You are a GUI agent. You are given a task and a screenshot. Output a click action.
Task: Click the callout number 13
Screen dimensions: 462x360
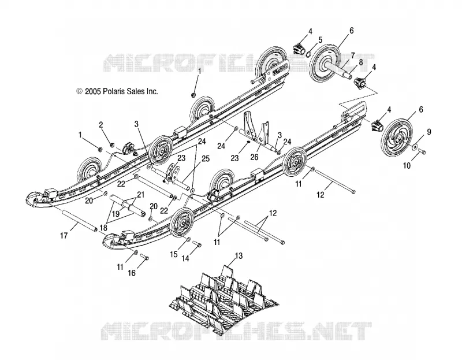pos(239,256)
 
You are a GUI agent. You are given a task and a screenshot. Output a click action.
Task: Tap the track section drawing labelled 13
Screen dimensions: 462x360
pos(224,297)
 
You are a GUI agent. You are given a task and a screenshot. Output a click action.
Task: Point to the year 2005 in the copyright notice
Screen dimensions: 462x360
pos(93,91)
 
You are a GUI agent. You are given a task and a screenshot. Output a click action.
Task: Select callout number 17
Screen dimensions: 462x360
pos(64,235)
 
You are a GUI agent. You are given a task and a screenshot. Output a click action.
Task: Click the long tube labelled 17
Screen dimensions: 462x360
pos(79,220)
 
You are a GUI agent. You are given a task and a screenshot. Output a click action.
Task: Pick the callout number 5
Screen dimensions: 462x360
pos(321,40)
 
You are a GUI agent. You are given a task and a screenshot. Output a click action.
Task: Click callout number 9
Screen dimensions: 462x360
pos(429,132)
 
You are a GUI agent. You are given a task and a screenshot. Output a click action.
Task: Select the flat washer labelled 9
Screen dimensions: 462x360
pos(415,147)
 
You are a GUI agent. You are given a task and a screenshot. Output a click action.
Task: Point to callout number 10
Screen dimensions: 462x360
pos(407,166)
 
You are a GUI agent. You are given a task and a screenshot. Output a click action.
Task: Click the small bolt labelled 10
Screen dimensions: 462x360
pos(422,152)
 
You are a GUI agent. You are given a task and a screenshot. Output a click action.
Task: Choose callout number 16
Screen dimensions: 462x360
pos(132,273)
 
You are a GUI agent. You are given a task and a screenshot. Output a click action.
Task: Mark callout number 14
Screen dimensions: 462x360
pos(185,258)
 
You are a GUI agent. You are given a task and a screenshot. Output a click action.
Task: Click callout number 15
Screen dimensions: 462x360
pos(174,254)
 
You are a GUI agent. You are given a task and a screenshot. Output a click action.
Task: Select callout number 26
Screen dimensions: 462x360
pos(254,157)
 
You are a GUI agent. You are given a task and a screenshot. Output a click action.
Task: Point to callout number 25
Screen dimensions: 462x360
pos(206,159)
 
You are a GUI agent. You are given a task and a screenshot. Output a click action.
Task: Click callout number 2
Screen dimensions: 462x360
pos(100,125)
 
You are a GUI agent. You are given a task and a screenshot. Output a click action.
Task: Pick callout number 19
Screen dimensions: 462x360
pos(116,214)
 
